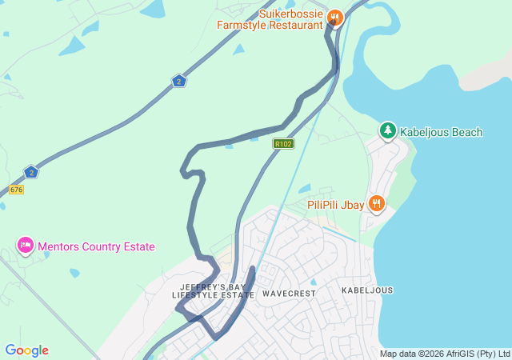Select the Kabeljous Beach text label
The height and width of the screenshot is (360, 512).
[441, 132]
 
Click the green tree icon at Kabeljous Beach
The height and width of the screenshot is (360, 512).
[388, 130]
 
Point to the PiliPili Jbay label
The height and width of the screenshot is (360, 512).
[335, 205]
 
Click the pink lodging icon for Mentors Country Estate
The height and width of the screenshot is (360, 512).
[25, 245]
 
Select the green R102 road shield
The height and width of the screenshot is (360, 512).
[282, 144]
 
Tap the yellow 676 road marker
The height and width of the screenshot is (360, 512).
[16, 190]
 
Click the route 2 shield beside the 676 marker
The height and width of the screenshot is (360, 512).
[30, 172]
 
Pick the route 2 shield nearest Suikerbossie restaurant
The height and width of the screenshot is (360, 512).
[178, 81]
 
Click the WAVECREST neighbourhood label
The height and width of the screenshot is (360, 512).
[289, 294]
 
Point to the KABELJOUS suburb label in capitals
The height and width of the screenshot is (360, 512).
[367, 290]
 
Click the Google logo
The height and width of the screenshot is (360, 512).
[26, 350]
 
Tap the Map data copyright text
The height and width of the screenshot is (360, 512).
[445, 354]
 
